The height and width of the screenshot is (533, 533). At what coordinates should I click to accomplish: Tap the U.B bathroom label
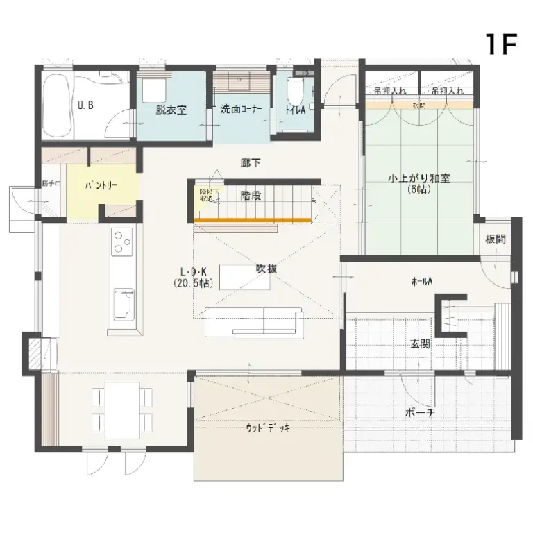[85, 106]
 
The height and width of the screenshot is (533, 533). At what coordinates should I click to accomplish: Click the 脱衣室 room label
[171, 109]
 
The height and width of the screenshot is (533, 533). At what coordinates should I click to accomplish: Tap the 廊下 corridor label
[251, 162]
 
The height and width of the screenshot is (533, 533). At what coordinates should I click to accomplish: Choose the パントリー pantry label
[101, 185]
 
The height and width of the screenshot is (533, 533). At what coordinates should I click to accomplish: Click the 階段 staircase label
[251, 196]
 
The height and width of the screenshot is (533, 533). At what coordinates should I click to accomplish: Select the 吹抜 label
[266, 269]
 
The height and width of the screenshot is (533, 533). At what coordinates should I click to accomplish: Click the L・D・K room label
[193, 273]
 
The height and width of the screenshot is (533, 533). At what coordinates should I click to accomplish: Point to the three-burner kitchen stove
[123, 241]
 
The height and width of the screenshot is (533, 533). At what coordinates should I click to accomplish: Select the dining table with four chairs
[122, 409]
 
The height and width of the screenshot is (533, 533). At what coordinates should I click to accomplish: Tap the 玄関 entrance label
[420, 344]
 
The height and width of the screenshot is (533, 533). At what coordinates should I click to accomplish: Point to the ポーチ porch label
[420, 412]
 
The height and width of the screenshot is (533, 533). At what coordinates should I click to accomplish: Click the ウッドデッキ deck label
[268, 428]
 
